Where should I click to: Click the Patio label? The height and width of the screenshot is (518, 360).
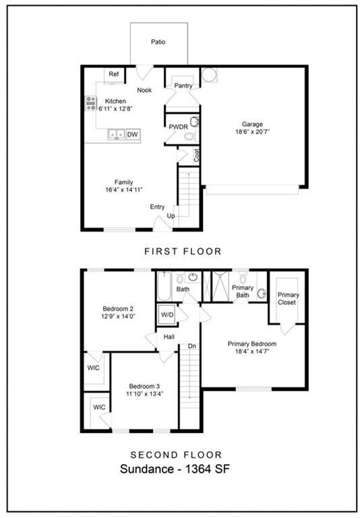(158, 42)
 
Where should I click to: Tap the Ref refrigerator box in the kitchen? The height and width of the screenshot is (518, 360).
(114, 74)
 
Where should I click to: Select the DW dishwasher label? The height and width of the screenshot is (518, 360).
(133, 135)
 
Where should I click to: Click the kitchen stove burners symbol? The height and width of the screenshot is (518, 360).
(90, 103)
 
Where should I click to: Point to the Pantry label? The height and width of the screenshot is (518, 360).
(183, 86)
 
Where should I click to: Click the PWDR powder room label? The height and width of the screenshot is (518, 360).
(178, 126)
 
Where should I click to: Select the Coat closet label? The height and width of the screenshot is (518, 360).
(197, 154)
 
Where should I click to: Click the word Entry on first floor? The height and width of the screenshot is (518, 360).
(158, 207)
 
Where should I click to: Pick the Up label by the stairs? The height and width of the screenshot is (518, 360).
(171, 216)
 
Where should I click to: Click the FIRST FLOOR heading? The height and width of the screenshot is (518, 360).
(183, 251)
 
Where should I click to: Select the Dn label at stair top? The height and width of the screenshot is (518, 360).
(191, 347)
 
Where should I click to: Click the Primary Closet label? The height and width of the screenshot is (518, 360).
(288, 298)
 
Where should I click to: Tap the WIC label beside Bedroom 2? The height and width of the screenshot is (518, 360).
(94, 368)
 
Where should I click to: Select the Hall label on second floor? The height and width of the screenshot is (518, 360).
(169, 335)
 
